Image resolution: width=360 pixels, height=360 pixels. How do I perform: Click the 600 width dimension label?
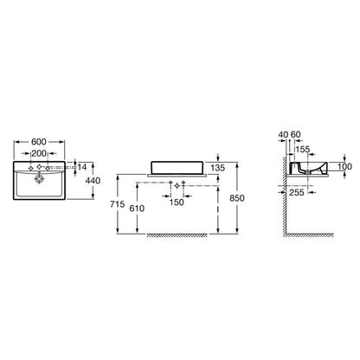[39, 142]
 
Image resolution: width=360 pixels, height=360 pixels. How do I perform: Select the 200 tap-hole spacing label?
[39, 153]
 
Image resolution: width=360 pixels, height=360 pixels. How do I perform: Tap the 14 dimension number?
[82, 167]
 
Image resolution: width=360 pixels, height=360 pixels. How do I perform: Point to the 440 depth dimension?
[93, 181]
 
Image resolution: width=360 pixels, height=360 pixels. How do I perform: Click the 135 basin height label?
[218, 168]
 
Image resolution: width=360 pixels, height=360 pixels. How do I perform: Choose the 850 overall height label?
[237, 198]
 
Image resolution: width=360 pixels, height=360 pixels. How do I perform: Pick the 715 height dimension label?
[118, 204]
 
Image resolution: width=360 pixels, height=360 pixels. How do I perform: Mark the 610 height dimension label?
[137, 208]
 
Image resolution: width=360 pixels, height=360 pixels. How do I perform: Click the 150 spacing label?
[177, 202]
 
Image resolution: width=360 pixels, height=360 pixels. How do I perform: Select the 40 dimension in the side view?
[284, 134]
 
